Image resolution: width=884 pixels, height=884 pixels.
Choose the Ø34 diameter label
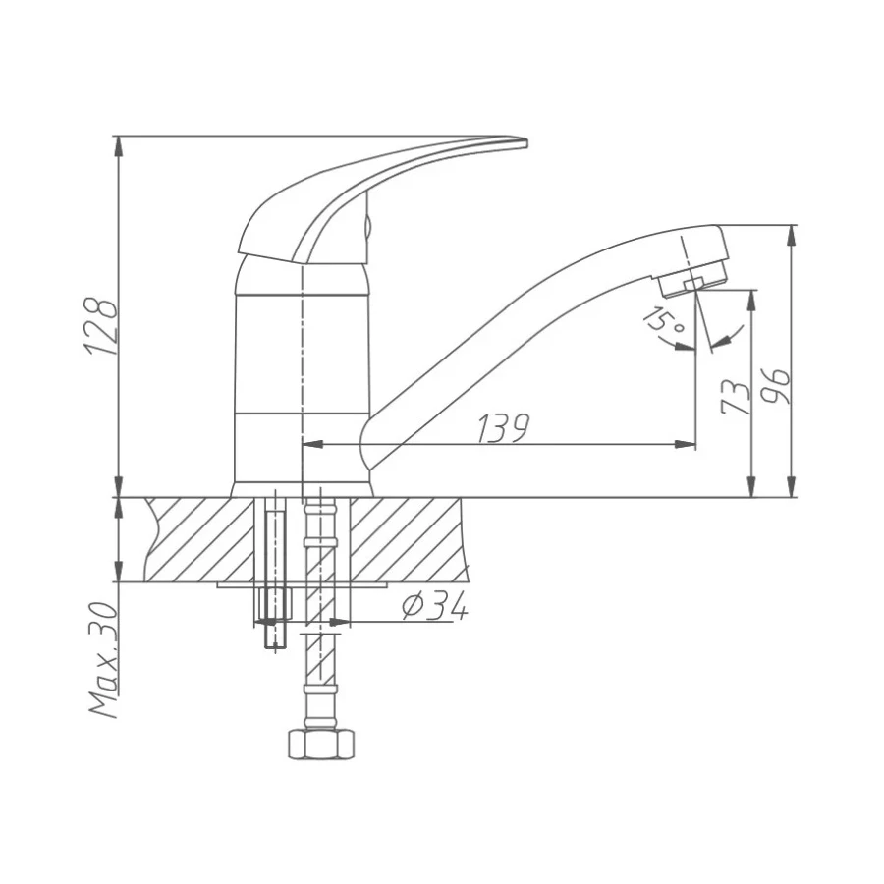tap(434, 608)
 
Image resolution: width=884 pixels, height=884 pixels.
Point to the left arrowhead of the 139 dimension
tap(307, 445)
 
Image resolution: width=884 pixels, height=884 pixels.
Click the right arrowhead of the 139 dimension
tap(690, 445)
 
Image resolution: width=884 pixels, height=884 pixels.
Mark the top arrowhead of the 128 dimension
tap(119, 143)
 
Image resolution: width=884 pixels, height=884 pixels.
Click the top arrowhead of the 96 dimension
tap(792, 234)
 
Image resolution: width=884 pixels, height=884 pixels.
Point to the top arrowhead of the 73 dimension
tap(752, 298)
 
